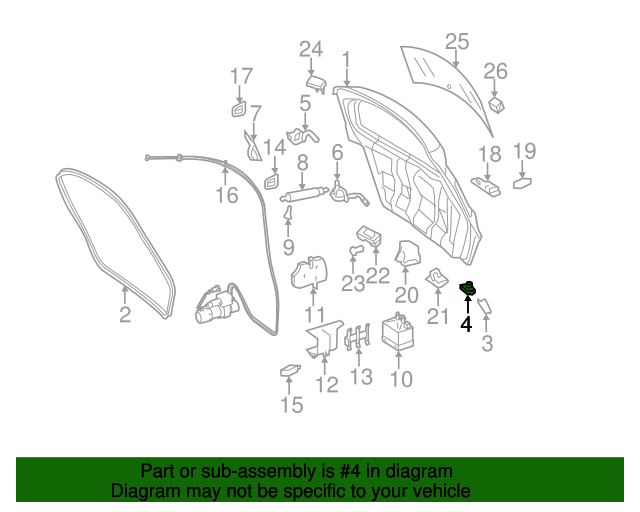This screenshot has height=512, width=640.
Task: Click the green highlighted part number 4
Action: point(466,290)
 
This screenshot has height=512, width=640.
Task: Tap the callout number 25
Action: point(456,42)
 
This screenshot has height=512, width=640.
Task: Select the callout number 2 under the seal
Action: point(125,317)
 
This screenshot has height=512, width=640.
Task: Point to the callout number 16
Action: point(227,194)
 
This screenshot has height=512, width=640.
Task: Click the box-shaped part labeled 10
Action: point(399,335)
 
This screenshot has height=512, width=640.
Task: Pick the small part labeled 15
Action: point(290,372)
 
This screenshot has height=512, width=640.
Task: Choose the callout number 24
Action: point(311,49)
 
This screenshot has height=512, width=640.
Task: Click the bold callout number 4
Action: point(466,324)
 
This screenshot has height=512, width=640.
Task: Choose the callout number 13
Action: point(360,377)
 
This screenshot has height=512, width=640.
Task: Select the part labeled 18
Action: point(487,185)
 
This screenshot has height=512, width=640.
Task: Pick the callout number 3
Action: point(487,345)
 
